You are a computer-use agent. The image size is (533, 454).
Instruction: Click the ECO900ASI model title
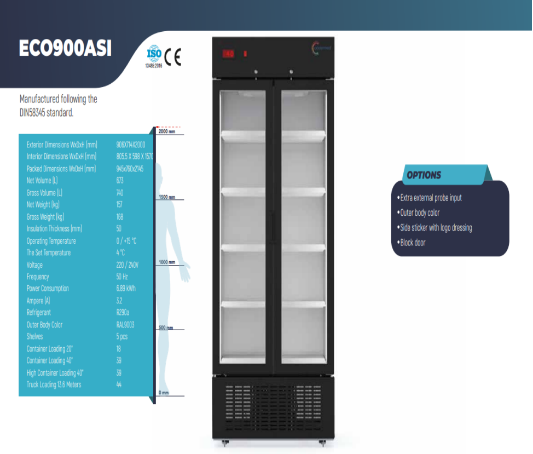tap(65, 48)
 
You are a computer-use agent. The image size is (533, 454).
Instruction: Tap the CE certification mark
tap(172, 58)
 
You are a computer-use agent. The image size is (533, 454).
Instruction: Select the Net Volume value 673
tap(120, 181)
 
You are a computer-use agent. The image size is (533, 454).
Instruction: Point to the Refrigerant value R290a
tap(124, 313)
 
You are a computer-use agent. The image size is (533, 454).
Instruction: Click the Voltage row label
tap(34, 265)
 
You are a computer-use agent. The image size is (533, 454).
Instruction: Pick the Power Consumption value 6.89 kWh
tap(126, 289)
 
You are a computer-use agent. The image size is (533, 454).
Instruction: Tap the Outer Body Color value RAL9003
tap(125, 325)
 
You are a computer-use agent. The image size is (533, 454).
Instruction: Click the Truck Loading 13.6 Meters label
tap(54, 385)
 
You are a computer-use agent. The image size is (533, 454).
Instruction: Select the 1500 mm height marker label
tap(166, 197)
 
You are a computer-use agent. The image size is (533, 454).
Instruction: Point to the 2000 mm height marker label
tap(166, 132)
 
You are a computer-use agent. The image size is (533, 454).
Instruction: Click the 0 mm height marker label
tap(163, 393)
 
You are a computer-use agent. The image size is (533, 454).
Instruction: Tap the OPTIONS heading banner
tap(424, 175)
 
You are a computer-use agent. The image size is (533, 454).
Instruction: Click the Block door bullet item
tap(413, 243)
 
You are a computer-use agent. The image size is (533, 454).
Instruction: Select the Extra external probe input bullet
tap(431, 198)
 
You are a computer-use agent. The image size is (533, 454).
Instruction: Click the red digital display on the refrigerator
tap(228, 54)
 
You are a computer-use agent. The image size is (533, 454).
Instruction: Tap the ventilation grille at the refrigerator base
tap(272, 403)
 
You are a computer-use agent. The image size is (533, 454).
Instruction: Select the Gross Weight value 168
tap(120, 217)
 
